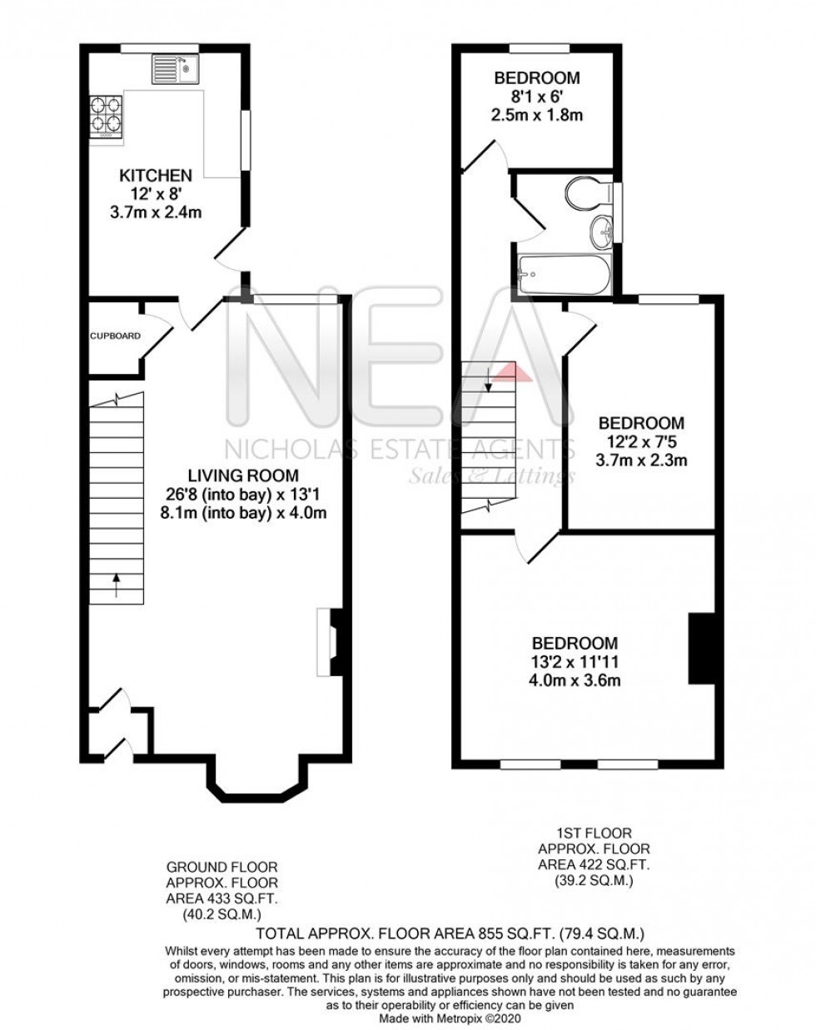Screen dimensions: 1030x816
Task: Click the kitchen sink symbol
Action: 173,69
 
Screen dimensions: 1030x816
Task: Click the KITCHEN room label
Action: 157,176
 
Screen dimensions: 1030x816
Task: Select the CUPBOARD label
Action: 116,336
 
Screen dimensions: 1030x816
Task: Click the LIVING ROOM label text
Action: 242,476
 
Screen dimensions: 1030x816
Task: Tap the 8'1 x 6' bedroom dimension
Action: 536,97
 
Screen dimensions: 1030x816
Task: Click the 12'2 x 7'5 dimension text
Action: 640,441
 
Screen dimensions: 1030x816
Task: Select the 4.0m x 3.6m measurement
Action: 575,680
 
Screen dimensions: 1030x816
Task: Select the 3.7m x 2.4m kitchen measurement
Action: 157,212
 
